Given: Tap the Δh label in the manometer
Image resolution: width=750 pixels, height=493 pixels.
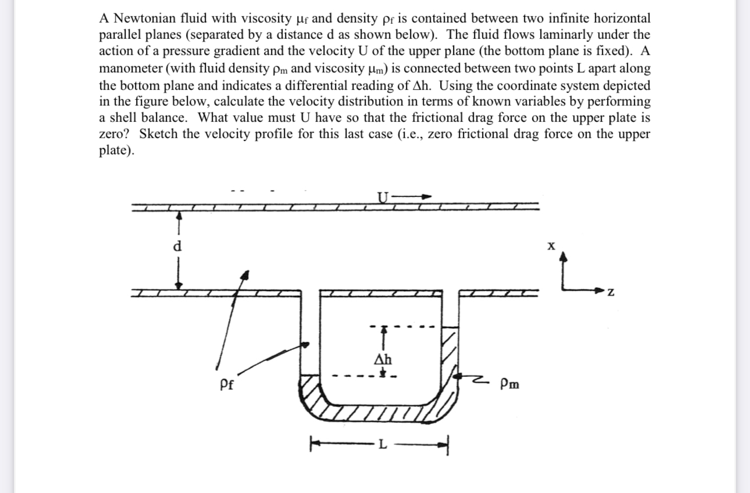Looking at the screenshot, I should click(x=383, y=358).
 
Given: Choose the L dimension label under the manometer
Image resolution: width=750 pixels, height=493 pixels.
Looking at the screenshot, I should click(x=381, y=445).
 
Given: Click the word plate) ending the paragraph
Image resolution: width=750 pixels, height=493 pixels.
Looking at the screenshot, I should click(x=116, y=151).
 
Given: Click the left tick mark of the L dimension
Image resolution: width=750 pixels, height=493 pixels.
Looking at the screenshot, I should click(x=311, y=446).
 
